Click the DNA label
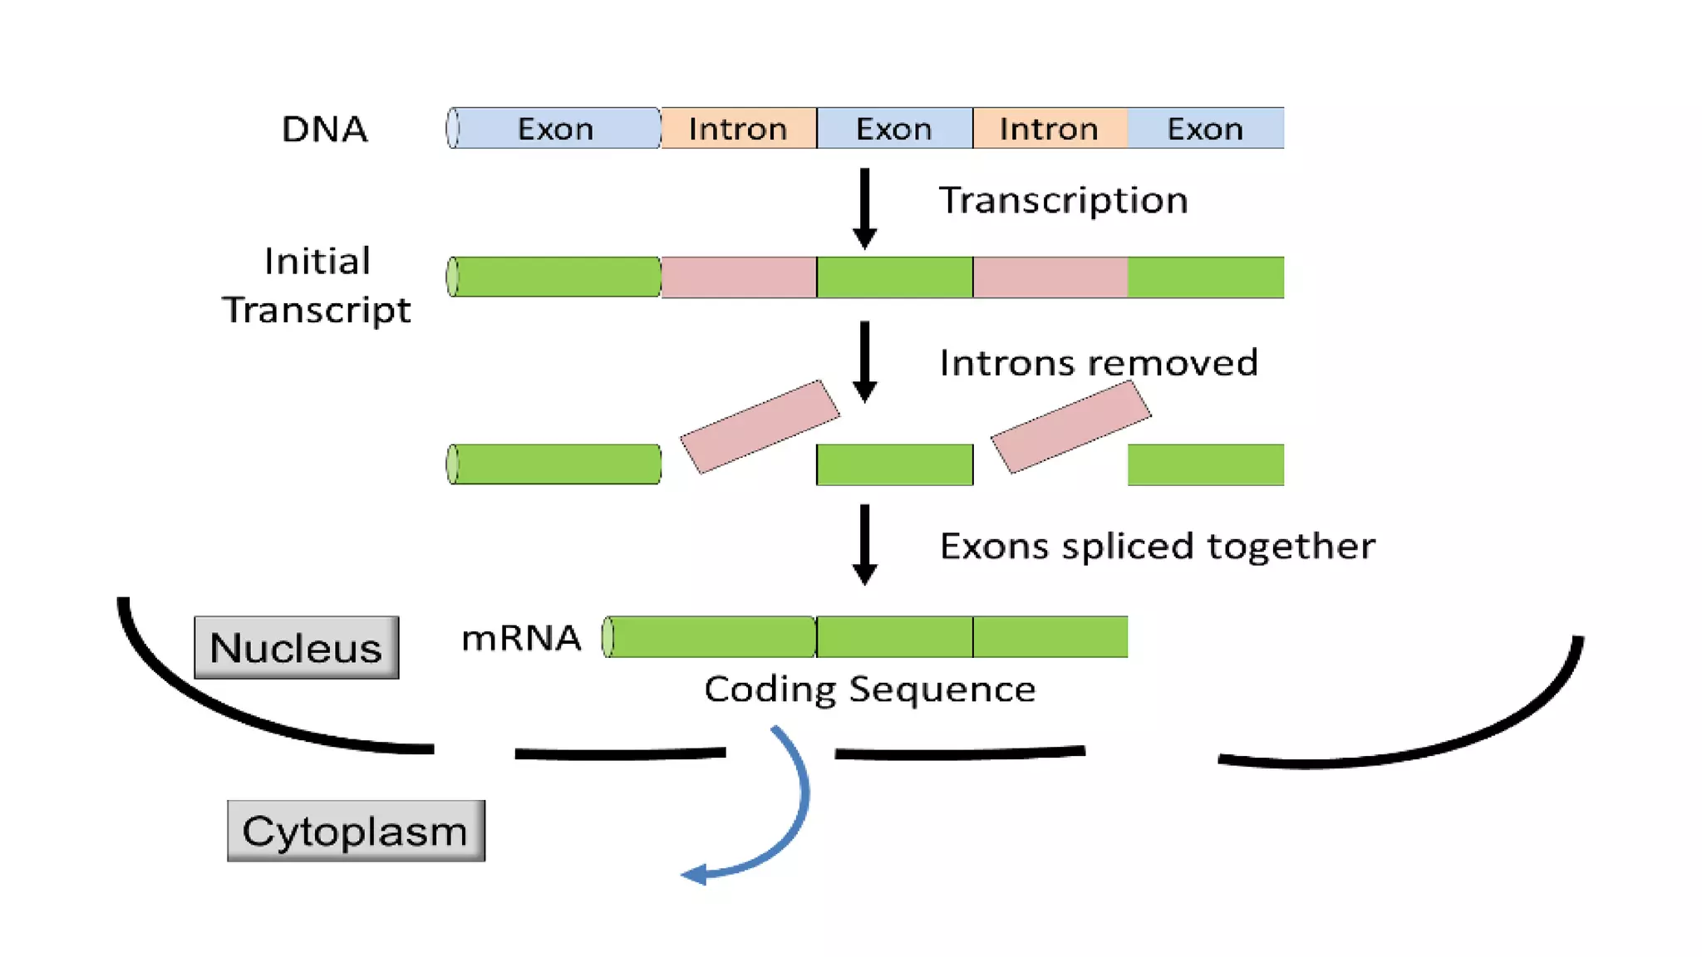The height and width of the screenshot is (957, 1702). [324, 130]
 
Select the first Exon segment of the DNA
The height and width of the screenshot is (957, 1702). [555, 129]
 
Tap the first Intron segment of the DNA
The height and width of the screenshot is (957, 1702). [738, 129]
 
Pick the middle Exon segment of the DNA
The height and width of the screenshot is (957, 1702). [894, 129]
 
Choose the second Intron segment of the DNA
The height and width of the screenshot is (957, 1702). [1050, 129]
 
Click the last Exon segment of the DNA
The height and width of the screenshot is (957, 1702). [1205, 129]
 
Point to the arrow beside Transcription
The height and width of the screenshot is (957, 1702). [864, 208]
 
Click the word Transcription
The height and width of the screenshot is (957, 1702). [1063, 201]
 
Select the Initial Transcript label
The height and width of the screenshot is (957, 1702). [317, 285]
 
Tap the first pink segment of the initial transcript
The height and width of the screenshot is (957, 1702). [738, 277]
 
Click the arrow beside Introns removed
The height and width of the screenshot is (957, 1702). [864, 361]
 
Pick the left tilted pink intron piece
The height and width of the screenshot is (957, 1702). [760, 426]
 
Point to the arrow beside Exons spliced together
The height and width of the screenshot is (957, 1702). [864, 544]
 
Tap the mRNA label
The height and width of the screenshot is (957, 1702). [521, 638]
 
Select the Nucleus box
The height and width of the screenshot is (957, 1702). [296, 647]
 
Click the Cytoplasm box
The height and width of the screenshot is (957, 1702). [356, 831]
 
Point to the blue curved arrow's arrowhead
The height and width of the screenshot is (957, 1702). [695, 875]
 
